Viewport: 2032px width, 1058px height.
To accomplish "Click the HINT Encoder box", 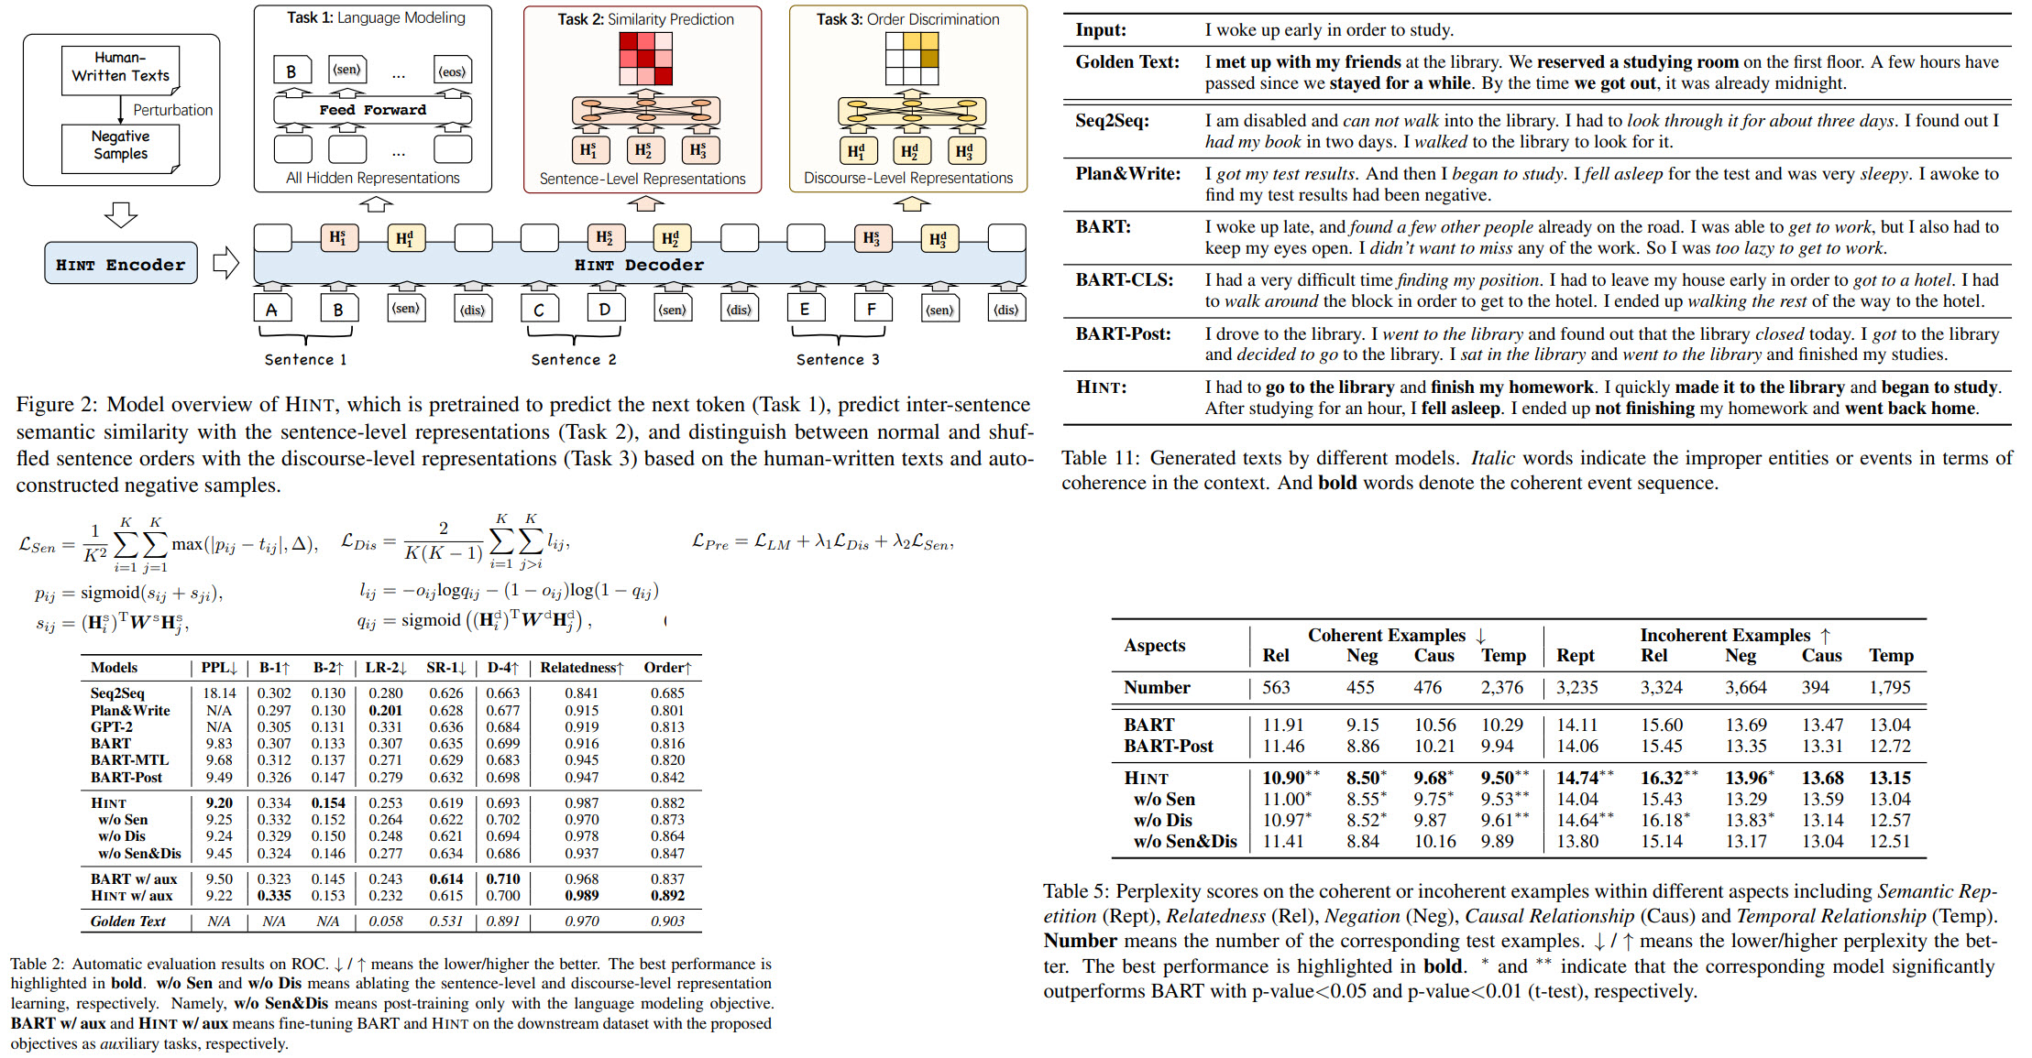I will [x=121, y=264].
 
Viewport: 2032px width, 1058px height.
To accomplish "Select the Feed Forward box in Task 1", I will [x=372, y=110].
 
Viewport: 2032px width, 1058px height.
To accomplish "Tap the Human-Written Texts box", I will [x=120, y=67].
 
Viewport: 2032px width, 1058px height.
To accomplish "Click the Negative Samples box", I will [x=120, y=146].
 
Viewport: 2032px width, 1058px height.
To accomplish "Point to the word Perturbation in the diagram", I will [x=172, y=110].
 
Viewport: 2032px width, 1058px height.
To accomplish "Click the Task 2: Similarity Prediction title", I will [x=645, y=19].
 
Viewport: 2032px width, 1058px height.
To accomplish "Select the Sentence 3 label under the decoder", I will [x=837, y=359].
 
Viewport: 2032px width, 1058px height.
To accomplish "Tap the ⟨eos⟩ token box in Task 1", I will [x=452, y=71].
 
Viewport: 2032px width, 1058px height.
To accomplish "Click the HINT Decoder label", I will [x=639, y=265].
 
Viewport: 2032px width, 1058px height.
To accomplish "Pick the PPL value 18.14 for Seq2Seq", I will [x=219, y=693].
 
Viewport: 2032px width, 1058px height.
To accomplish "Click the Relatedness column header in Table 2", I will [x=581, y=668].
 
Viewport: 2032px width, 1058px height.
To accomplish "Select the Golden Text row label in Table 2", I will [x=127, y=922].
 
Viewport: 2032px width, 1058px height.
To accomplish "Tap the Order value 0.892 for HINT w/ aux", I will [x=667, y=896].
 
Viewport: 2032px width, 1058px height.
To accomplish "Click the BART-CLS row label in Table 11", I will [x=1124, y=280].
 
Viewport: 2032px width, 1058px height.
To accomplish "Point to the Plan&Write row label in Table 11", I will [x=1127, y=174].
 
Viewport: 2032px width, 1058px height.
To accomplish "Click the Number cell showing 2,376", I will [x=1501, y=688].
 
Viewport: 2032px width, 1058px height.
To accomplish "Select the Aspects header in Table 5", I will [x=1154, y=645].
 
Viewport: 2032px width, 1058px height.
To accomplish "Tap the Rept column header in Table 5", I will [x=1575, y=656].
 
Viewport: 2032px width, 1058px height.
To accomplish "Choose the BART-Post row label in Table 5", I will [x=1168, y=746].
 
